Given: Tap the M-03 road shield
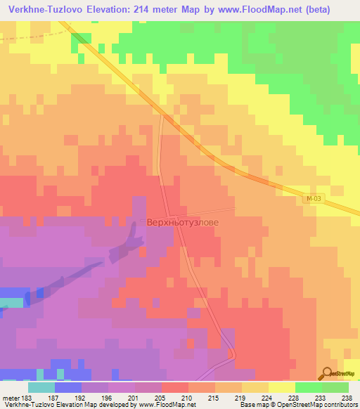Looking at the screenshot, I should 314,200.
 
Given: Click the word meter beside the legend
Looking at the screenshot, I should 8,397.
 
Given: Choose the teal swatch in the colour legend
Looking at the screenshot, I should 41,387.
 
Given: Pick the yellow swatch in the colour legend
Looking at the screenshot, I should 282,387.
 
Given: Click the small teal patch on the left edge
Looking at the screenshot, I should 10,302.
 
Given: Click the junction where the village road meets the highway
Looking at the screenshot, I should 162,116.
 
